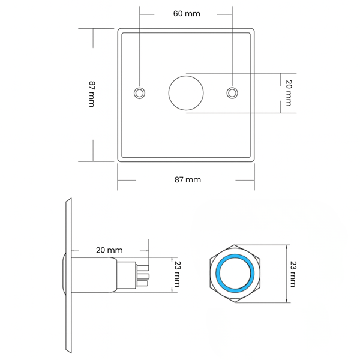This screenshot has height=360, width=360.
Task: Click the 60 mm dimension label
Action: coord(187,14)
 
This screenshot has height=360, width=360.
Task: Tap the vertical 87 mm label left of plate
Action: coord(92,94)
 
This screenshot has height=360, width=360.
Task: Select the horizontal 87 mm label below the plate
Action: coord(188,179)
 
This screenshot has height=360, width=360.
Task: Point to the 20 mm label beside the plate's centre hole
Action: coord(289,93)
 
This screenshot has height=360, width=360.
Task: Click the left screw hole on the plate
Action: coord(139,93)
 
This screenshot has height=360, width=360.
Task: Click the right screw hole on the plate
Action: coord(232,93)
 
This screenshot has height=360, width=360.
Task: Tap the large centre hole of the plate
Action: coord(186,93)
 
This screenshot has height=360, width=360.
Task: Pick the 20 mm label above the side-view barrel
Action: coord(109,250)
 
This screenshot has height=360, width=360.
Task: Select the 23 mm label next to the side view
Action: coord(178,274)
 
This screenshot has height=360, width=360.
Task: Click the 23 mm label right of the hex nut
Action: coord(293,274)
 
